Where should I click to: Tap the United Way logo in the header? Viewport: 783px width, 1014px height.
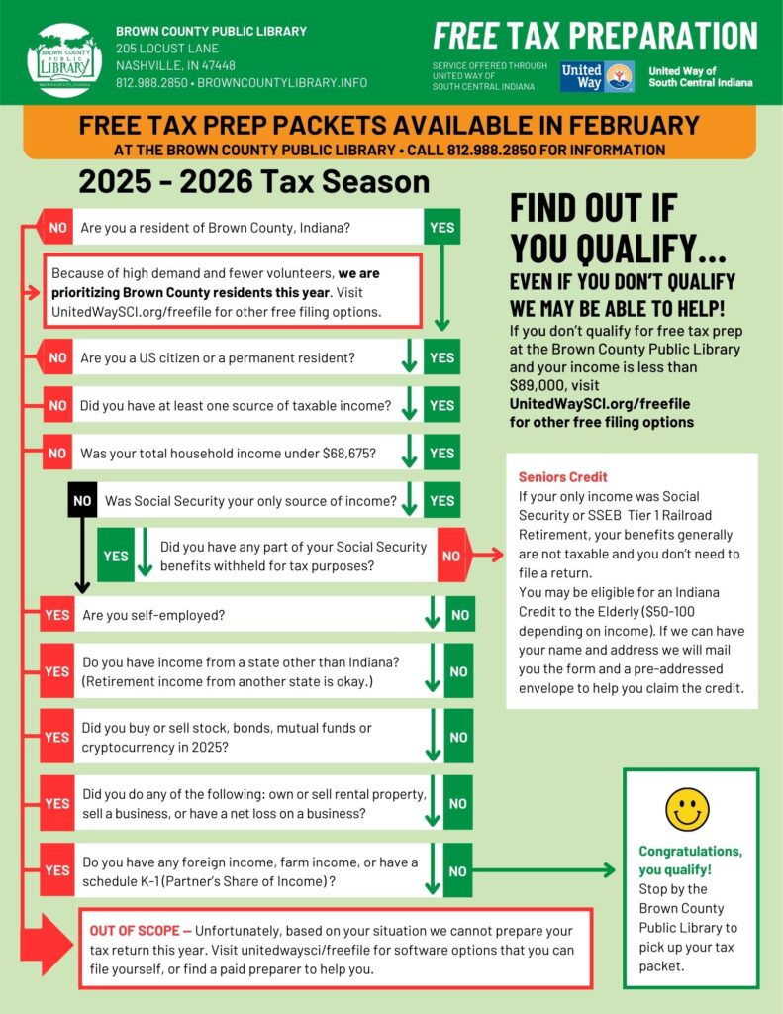pos(597,76)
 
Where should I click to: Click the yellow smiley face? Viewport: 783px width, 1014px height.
pos(687,809)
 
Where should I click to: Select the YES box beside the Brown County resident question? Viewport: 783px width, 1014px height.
pos(441,227)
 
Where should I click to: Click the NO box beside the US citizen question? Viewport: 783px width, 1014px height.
pos(57,356)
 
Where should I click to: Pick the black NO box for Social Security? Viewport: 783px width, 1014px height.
pos(83,501)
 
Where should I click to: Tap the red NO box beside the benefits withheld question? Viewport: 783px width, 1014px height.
pos(451,556)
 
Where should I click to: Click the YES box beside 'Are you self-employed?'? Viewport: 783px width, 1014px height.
pos(57,615)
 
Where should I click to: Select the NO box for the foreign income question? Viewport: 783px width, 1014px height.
pos(458,871)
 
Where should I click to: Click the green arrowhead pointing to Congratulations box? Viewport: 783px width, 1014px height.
pos(608,870)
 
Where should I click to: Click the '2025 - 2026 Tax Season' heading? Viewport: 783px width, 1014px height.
pos(254,182)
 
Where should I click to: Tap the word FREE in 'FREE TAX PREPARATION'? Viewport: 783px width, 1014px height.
pos(465,36)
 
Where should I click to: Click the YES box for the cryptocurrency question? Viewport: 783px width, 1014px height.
pos(57,737)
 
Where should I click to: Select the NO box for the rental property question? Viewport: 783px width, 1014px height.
pos(458,803)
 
